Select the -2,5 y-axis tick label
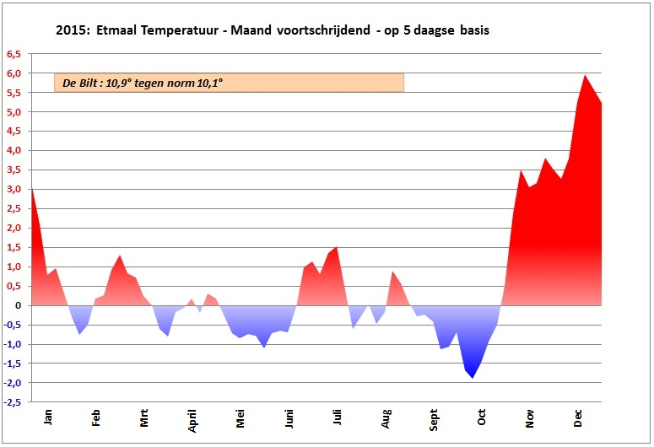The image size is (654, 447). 14,402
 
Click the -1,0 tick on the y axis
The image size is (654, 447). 14,344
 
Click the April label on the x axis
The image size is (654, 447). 192,418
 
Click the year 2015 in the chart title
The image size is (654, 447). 73,31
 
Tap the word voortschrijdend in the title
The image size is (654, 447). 325,31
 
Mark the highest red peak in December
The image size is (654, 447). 585,75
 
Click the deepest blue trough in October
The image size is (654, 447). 473,377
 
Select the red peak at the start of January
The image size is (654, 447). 32,189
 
